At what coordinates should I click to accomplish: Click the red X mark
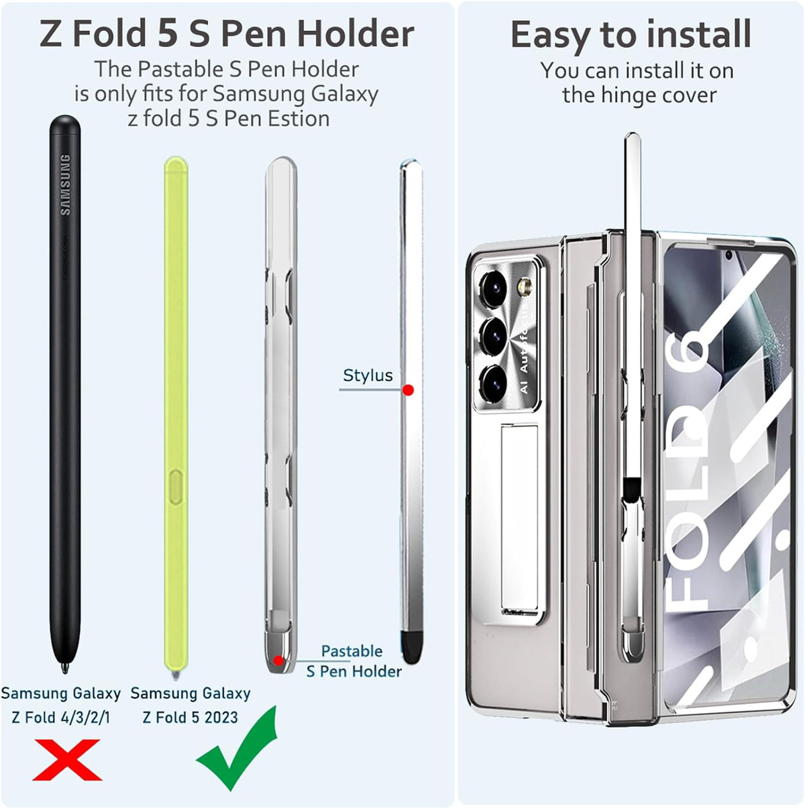click(67, 759)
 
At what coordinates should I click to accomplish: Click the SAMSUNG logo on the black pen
click(66, 185)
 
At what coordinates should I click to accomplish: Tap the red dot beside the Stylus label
click(408, 390)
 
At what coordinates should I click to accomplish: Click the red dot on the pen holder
click(278, 661)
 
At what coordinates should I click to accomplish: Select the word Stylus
click(368, 375)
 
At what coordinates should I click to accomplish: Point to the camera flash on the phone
click(525, 287)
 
